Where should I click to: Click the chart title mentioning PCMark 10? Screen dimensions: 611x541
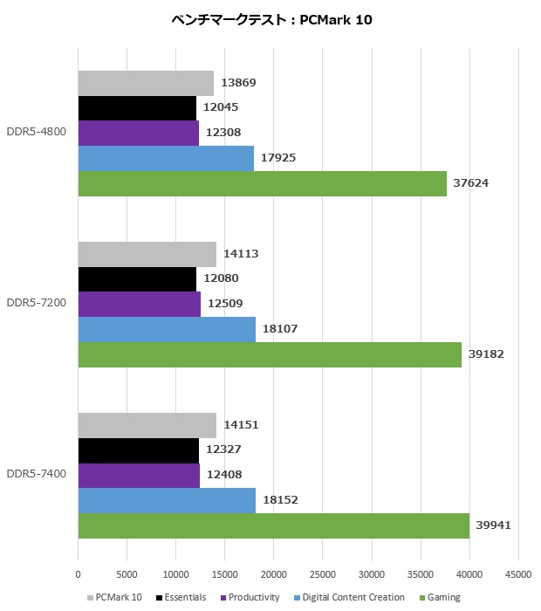point(271,20)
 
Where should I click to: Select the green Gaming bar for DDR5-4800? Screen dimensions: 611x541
point(262,183)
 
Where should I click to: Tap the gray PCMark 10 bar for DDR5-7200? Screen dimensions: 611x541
point(147,254)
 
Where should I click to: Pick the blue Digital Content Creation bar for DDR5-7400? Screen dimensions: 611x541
point(167,500)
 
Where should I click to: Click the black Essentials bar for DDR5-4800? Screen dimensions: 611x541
point(137,108)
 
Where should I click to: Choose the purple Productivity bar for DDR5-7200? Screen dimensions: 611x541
point(139,304)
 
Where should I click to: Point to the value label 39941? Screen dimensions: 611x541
point(496,525)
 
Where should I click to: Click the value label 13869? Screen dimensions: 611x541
point(238,82)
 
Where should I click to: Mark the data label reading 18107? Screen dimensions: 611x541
point(281,329)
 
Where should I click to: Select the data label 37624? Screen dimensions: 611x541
point(472,183)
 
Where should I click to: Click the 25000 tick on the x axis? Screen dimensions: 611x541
point(323,573)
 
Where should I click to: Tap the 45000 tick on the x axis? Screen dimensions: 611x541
point(518,573)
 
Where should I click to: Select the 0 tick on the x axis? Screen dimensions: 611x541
point(79,573)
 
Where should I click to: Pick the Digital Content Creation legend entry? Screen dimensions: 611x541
point(349,597)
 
